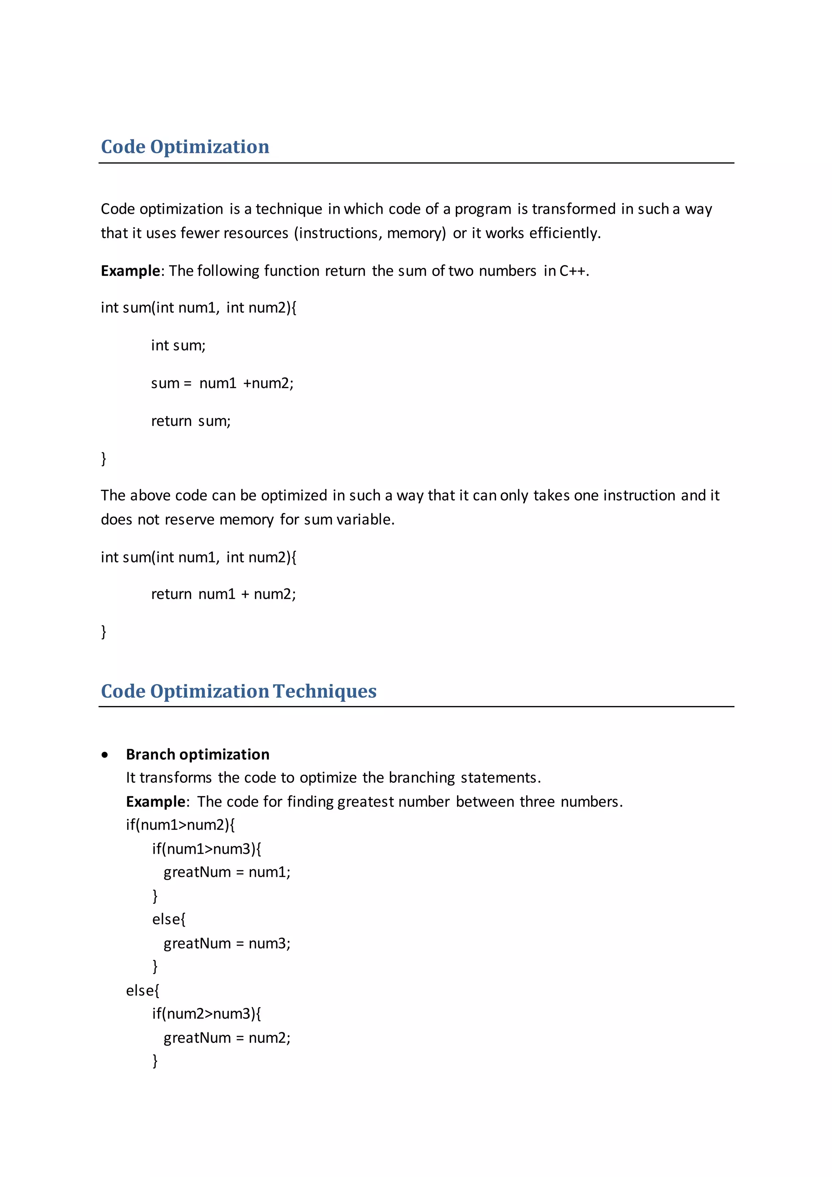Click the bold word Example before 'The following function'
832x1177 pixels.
pos(130,271)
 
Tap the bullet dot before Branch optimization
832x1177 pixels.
pos(105,755)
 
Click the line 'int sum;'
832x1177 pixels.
pos(178,345)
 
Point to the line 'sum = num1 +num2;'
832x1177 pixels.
pos(222,383)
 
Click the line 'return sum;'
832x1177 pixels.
pos(191,421)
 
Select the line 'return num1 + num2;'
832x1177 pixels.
pos(223,594)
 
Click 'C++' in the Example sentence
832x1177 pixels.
pos(573,271)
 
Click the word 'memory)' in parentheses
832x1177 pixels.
pos(416,233)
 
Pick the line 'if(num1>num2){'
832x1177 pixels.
pos(180,825)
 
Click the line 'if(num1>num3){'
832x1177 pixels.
pos(206,849)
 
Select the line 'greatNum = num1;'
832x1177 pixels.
pos(227,873)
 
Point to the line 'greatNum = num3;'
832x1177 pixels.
pos(227,944)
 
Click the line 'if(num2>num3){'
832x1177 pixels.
pos(206,1014)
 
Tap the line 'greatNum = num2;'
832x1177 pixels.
pos(227,1038)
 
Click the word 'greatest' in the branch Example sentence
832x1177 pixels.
pos(365,802)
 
